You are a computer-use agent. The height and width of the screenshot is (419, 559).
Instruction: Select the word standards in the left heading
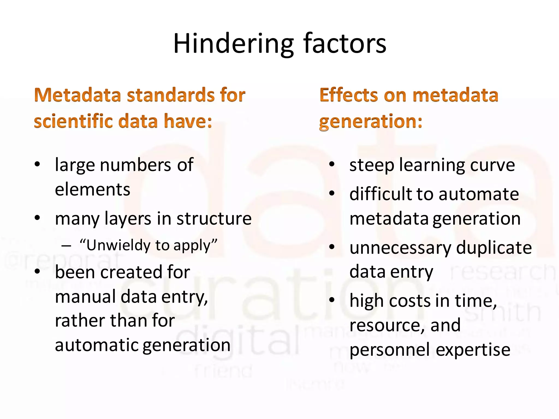[171, 95]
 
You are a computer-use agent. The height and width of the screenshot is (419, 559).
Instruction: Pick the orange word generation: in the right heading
[371, 122]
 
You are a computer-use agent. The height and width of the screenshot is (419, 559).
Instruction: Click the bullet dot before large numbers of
[37, 164]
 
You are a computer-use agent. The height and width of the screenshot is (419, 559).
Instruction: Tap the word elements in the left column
[93, 189]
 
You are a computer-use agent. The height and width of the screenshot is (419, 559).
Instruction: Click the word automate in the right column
[479, 194]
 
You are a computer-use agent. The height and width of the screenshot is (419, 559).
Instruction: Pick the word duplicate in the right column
[494, 248]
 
